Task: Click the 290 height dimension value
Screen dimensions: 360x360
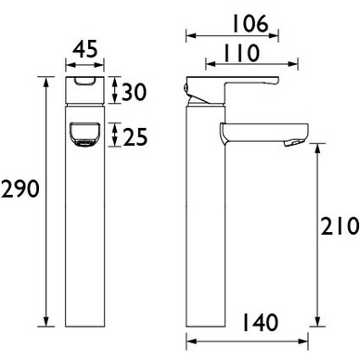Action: click(x=20, y=189)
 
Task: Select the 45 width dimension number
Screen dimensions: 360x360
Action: click(x=85, y=49)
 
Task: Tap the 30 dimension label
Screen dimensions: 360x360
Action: click(x=134, y=92)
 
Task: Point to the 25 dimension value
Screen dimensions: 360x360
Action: click(x=135, y=136)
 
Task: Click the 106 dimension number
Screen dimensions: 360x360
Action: click(x=250, y=24)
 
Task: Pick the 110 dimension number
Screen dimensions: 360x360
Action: click(x=241, y=53)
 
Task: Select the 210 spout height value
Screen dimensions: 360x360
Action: click(x=340, y=226)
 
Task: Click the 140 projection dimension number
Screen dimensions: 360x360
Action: click(x=260, y=322)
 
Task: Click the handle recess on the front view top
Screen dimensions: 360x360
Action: click(x=85, y=81)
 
